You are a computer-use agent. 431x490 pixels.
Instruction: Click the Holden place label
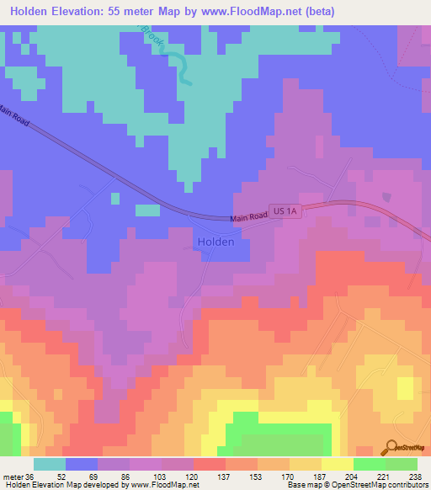tap(215, 241)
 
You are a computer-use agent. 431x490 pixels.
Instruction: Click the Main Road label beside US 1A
tap(249, 218)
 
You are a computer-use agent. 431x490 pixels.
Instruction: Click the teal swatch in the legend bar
tap(50, 464)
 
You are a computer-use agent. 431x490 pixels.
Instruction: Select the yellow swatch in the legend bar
tap(337, 464)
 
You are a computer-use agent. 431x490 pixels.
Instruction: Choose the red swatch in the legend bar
tap(209, 464)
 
